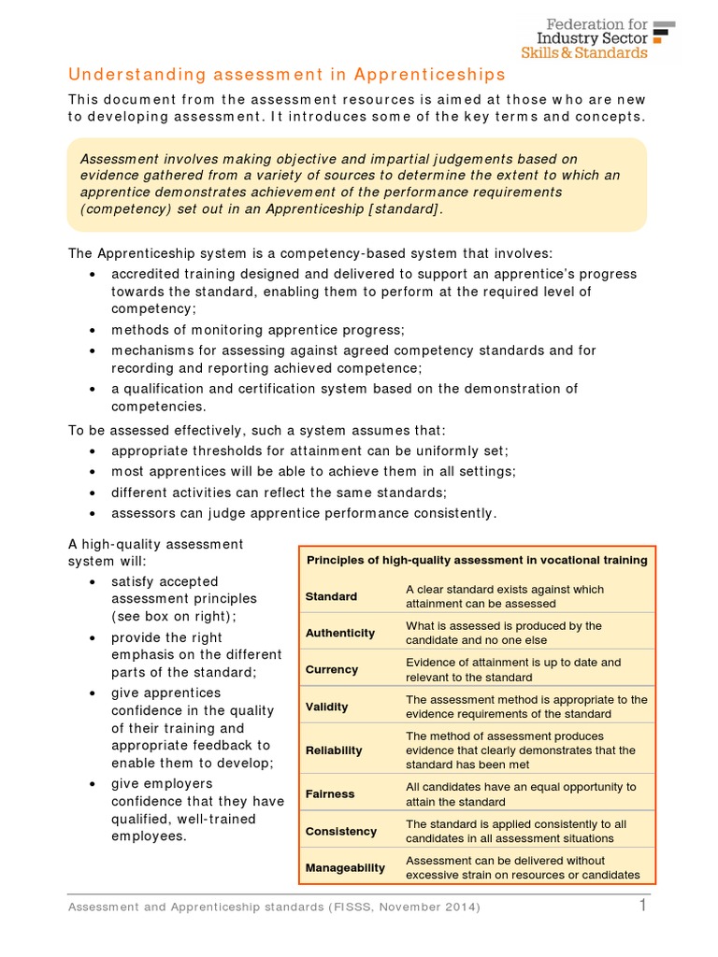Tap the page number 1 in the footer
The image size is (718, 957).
pyautogui.click(x=643, y=906)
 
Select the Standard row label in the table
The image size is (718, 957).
pyautogui.click(x=331, y=596)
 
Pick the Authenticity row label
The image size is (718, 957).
pyautogui.click(x=339, y=633)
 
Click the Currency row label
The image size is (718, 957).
pyautogui.click(x=331, y=669)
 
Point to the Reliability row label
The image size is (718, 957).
pyautogui.click(x=333, y=750)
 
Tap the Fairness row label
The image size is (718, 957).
pyautogui.click(x=330, y=793)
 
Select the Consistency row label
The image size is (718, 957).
pyautogui.click(x=340, y=831)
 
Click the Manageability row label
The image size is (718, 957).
pyautogui.click(x=345, y=867)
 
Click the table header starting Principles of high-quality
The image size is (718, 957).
pyautogui.click(x=477, y=560)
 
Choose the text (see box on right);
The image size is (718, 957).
pyautogui.click(x=174, y=616)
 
